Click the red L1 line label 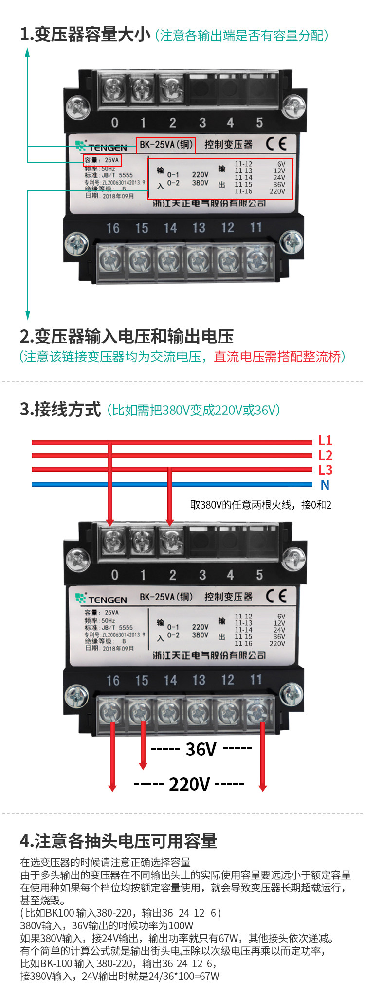point(325,440)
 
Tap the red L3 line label point(325,470)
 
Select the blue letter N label point(325,485)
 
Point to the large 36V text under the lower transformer point(201,749)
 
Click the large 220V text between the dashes point(189,784)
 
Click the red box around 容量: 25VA point(102,160)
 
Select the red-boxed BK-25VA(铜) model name point(165,145)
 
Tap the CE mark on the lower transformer point(276,596)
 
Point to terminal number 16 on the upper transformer point(113,228)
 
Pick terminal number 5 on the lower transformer point(259,575)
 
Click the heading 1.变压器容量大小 point(85,35)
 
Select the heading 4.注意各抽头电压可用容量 point(118,840)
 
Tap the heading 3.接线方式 point(60,410)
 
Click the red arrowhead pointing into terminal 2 point(170,521)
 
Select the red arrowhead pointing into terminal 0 point(110,521)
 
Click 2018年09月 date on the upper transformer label point(118,196)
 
